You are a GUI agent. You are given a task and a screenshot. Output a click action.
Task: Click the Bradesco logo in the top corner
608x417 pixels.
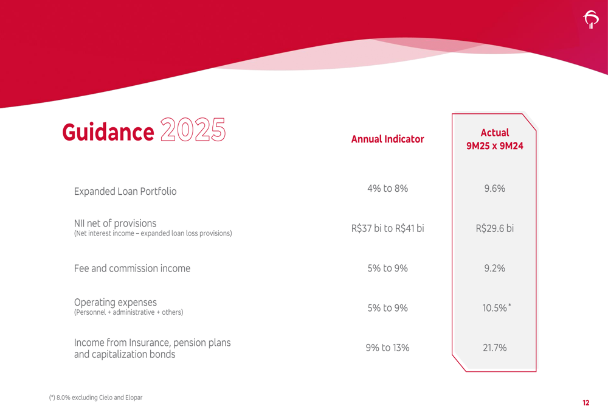590,21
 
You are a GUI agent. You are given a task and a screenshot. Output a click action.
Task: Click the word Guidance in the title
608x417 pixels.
108,131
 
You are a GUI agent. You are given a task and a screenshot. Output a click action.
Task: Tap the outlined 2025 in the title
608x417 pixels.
193,130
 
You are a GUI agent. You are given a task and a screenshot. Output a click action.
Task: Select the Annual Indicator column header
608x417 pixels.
387,139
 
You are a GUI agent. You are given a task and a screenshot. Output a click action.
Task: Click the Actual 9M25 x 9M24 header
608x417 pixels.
494,139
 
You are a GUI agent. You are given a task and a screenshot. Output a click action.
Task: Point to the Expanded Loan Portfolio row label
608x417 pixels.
125,191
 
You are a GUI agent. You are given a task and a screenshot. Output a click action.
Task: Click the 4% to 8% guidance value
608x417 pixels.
387,189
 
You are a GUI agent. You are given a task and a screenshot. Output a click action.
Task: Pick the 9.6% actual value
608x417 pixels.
494,189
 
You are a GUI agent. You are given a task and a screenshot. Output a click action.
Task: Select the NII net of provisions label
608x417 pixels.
115,223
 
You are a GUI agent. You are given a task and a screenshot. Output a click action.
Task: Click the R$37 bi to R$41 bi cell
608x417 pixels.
387,229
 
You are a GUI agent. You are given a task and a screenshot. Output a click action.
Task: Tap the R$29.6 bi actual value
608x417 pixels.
494,229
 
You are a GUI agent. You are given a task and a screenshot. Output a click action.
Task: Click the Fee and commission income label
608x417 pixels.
132,268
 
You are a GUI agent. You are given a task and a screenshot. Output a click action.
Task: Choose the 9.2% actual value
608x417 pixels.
494,268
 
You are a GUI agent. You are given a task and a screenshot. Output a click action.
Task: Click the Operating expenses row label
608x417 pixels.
115,303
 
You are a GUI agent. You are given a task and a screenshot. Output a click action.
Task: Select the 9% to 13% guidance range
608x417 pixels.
387,348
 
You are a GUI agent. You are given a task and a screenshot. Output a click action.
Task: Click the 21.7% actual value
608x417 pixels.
494,348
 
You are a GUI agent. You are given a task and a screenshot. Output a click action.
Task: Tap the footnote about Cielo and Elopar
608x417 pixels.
96,398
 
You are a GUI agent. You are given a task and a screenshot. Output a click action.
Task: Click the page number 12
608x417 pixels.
586,402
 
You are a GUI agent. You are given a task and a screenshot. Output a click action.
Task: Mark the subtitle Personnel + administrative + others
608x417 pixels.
128,312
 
